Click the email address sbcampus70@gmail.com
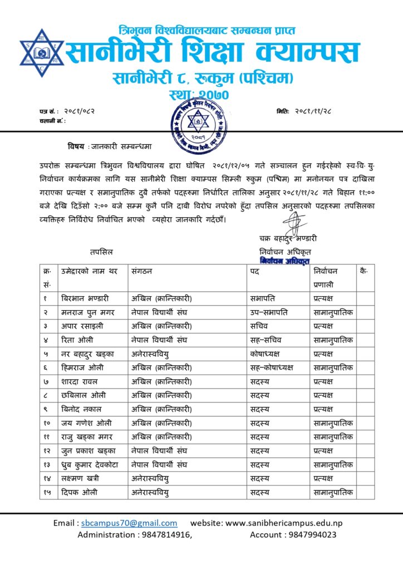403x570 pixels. click(129, 523)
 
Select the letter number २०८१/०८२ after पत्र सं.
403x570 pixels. click(76, 111)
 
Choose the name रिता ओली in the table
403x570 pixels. click(77, 340)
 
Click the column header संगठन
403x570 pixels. click(142, 271)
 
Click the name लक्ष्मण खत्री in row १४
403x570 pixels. click(82, 478)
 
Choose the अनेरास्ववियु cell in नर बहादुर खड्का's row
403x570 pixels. click(150, 353)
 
